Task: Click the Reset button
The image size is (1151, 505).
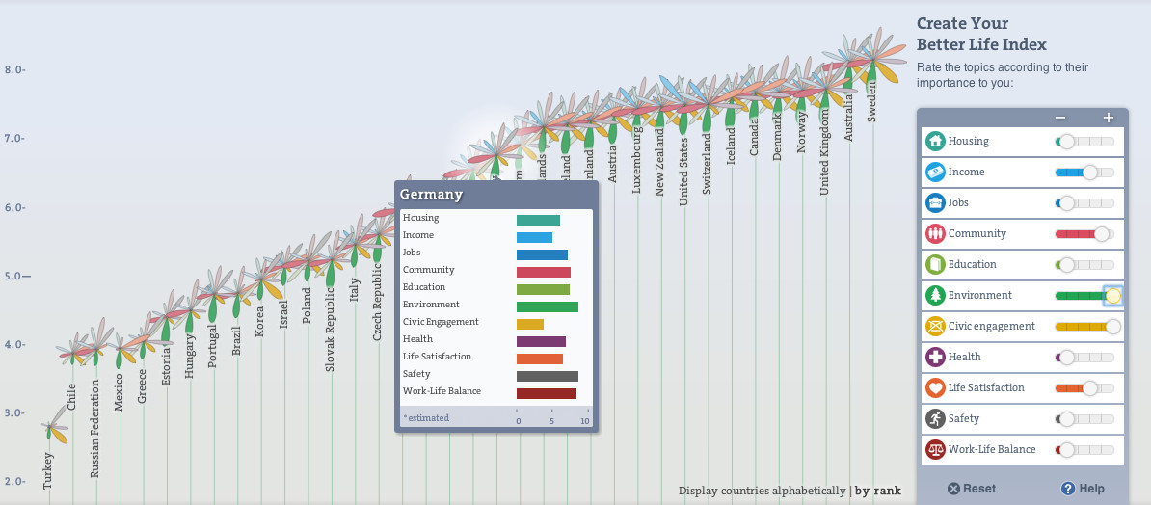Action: click(971, 489)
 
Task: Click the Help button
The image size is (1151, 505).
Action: click(1083, 489)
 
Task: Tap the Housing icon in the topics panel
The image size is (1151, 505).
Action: click(935, 141)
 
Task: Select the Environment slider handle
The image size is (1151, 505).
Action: click(1112, 295)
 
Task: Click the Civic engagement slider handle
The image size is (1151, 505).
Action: click(1112, 326)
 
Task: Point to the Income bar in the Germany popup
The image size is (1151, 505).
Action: click(534, 237)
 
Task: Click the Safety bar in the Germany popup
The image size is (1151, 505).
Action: click(547, 376)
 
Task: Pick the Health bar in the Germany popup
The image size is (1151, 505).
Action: click(541, 341)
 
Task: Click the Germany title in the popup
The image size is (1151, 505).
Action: click(432, 195)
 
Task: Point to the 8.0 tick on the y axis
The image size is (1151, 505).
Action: click(13, 69)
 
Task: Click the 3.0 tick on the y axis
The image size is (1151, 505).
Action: click(13, 412)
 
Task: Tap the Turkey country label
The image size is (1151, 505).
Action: click(48, 470)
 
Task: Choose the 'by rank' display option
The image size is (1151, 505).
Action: click(878, 491)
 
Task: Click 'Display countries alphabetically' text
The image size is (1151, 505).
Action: click(762, 491)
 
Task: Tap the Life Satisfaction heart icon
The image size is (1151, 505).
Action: click(935, 387)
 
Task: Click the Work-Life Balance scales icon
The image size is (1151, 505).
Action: click(935, 449)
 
